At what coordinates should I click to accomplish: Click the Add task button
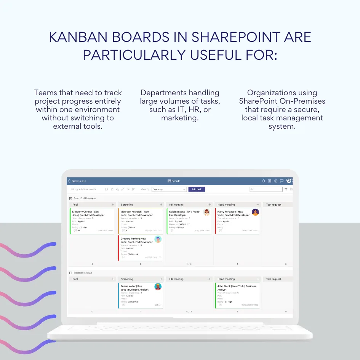pos(197,189)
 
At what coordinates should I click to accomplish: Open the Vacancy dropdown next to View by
pos(169,189)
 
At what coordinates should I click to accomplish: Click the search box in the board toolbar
pos(266,189)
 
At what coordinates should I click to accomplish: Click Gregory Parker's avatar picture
pos(158,239)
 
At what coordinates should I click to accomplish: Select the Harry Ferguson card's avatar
pos(255,212)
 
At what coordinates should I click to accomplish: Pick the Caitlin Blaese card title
pos(184,213)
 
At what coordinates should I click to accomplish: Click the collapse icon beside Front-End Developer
pos(70,198)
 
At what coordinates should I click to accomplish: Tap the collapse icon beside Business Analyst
pos(70,273)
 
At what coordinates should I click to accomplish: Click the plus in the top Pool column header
pos(113,205)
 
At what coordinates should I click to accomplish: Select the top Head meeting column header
pos(226,205)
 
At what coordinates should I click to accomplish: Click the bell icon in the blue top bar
pos(264,181)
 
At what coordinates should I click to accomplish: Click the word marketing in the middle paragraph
pos(180,118)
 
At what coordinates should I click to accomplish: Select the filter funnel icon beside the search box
pos(286,189)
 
